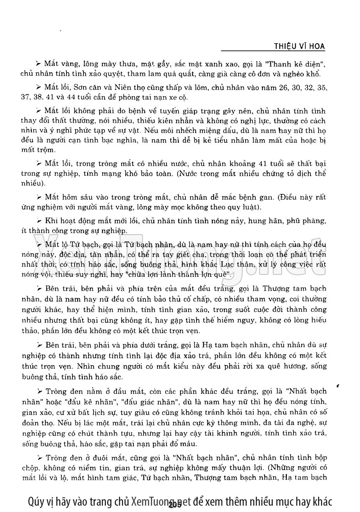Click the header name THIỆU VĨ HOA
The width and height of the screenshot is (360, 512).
300,46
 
